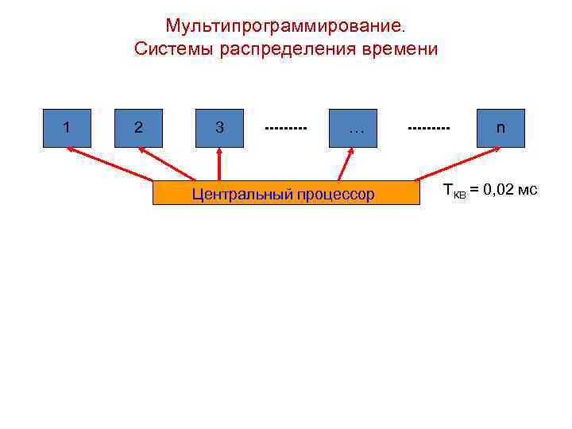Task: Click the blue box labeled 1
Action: [x=67, y=128]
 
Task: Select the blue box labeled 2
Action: [x=138, y=128]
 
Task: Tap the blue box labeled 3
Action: [x=219, y=128]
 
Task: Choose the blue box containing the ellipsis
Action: [x=354, y=128]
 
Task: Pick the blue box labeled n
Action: [x=500, y=128]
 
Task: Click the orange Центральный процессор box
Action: [x=285, y=193]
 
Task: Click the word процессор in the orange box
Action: [x=338, y=194]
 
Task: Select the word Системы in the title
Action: [x=168, y=49]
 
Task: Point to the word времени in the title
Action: [x=397, y=49]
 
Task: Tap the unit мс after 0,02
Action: [x=527, y=189]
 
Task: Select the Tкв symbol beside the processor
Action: [x=454, y=191]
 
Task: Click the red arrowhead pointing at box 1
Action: [x=71, y=150]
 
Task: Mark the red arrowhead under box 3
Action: [x=219, y=152]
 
